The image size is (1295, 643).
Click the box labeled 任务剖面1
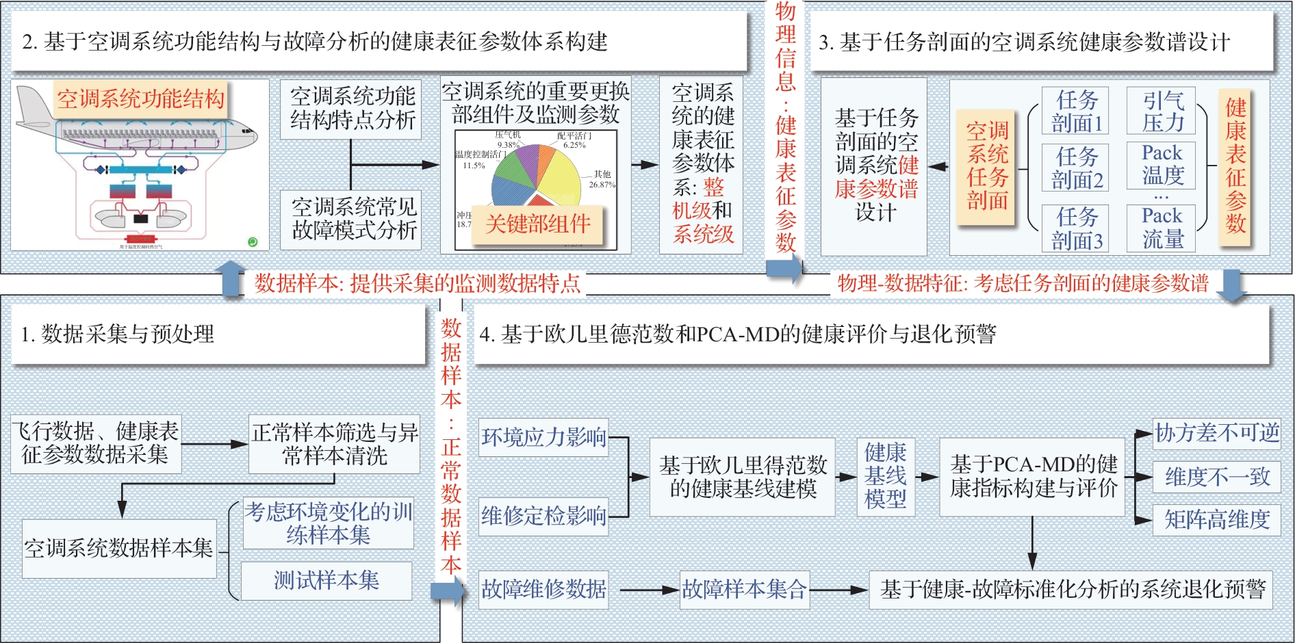[x=1077, y=111]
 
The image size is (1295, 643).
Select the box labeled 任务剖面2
[x=1077, y=168]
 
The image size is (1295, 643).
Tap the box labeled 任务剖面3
[x=1077, y=228]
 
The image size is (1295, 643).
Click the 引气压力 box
[x=1162, y=111]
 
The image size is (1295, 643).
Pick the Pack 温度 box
[x=1162, y=165]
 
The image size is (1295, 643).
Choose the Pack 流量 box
[x=1162, y=228]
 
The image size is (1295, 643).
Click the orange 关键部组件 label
[x=538, y=224]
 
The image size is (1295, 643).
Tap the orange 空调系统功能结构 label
[x=140, y=99]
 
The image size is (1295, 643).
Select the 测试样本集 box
[x=326, y=581]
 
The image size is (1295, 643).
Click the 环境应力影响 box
[x=543, y=437]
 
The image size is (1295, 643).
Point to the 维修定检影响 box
[x=543, y=516]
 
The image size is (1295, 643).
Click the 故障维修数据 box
[x=543, y=589]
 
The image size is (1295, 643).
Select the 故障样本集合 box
[x=744, y=589]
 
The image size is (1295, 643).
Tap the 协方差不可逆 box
[x=1217, y=433]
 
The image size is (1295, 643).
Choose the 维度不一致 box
[x=1217, y=477]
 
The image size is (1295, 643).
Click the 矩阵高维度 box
[x=1217, y=520]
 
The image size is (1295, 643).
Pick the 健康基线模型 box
[x=885, y=476]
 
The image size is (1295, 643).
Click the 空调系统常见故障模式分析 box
[x=353, y=219]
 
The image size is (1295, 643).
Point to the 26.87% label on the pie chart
[x=602, y=185]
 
